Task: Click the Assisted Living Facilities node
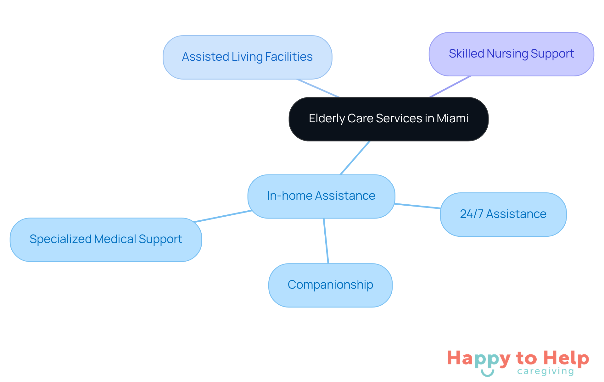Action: click(247, 57)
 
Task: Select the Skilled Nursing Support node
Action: click(511, 54)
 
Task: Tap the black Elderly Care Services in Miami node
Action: click(388, 119)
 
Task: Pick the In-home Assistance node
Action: click(321, 196)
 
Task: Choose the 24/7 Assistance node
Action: click(503, 214)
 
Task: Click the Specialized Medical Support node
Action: click(106, 240)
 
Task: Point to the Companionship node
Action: click(330, 285)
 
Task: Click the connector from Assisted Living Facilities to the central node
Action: click(318, 88)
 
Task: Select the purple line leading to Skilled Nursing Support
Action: click(450, 86)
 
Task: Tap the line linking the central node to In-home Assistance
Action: click(355, 158)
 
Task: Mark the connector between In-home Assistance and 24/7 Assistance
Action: click(417, 206)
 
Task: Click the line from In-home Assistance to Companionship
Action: click(326, 241)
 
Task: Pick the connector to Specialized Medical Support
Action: click(223, 216)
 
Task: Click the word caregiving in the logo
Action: click(545, 371)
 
